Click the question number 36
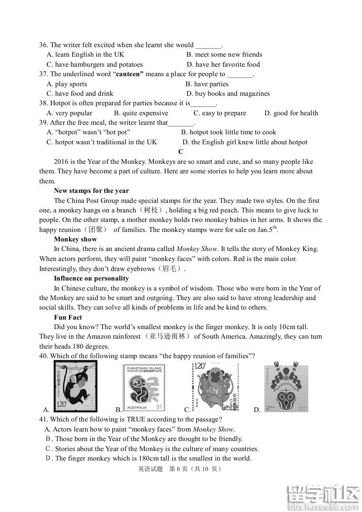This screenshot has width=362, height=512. pos(43,45)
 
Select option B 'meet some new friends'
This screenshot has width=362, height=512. pos(224,55)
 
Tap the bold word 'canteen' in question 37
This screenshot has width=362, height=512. pos(129,74)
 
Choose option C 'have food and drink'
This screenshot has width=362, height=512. pos(80,94)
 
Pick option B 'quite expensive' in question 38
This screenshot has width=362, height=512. pos(141,113)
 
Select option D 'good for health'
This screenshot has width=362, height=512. pos(291,113)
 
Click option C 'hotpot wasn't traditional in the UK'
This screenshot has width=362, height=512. pos(102,142)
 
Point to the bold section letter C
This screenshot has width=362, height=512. pos(181,152)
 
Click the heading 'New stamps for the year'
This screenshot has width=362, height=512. pos(91,191)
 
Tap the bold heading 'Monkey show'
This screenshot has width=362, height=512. pos(75,240)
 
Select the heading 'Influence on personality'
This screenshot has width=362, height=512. pos(91,279)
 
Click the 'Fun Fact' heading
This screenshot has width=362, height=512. pos(68,318)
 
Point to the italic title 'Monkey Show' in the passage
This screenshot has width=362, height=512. pos(196,249)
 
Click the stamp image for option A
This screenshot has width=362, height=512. pos(75,386)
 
